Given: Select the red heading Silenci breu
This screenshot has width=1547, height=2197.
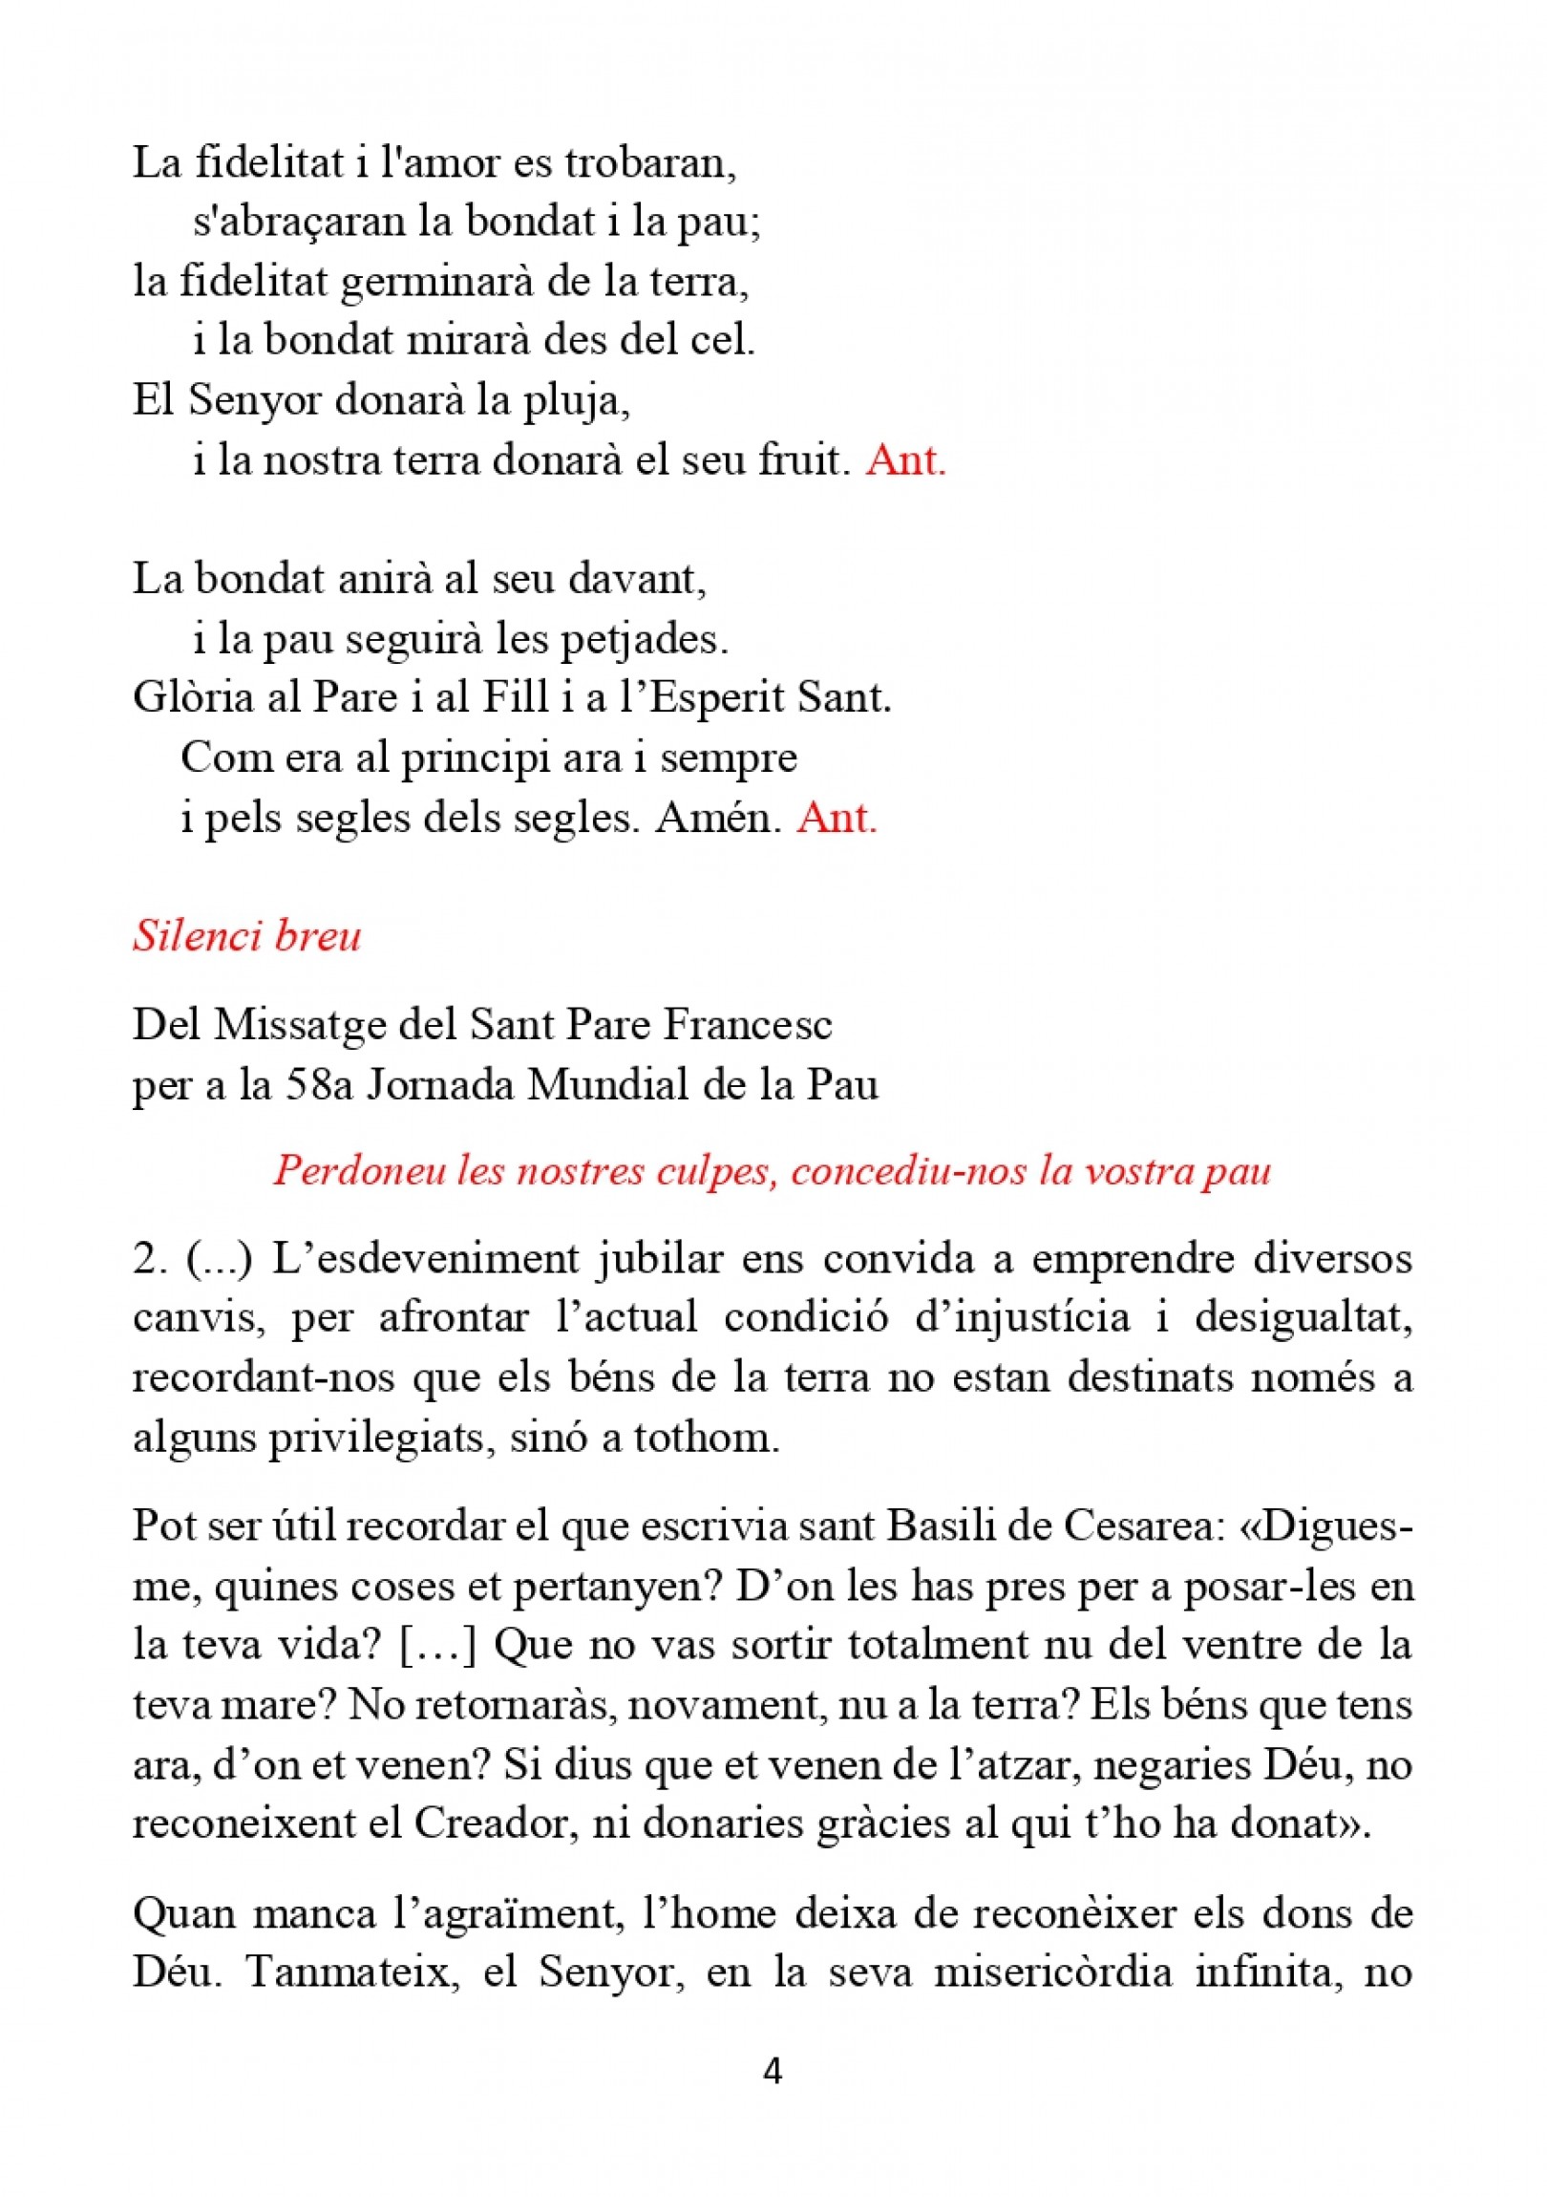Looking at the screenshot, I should click(x=246, y=936).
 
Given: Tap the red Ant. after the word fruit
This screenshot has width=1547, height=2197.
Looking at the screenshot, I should click(x=905, y=460).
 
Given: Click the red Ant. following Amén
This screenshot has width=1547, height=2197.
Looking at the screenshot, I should click(x=837, y=818).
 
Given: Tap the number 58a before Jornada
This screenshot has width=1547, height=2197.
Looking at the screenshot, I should click(x=320, y=1085).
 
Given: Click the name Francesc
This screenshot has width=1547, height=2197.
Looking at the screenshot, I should click(x=748, y=1025).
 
